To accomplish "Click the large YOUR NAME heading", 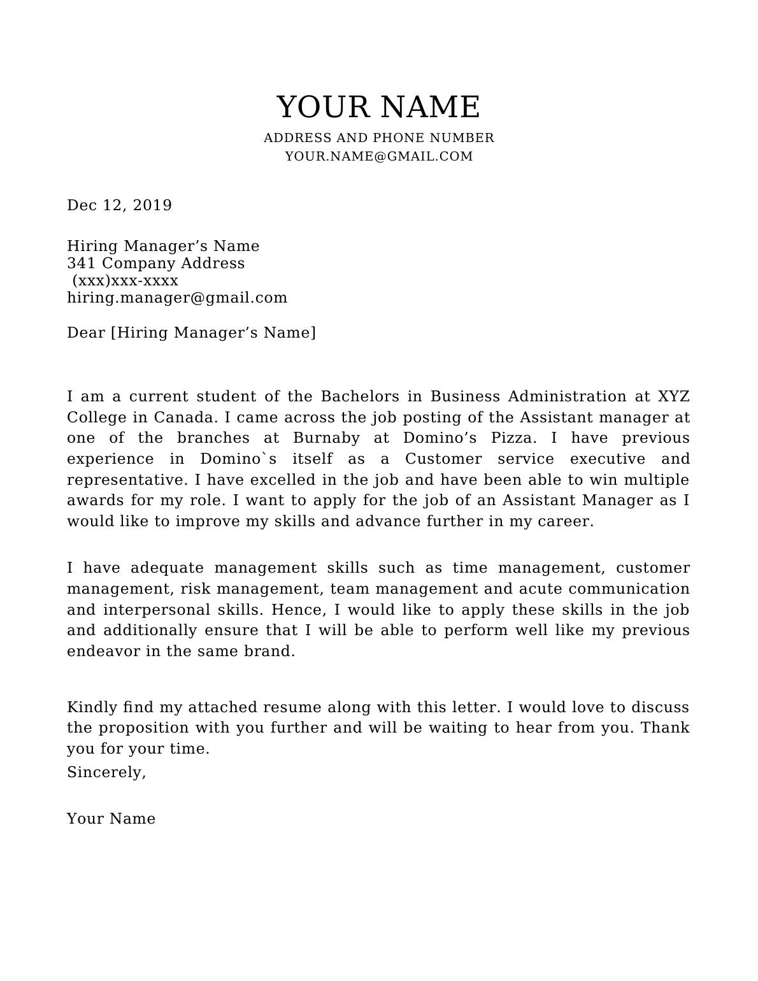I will click(x=378, y=106).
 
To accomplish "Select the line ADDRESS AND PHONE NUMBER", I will click(x=378, y=138).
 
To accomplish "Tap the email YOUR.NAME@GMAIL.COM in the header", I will click(x=378, y=157).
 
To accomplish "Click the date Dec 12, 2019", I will click(x=120, y=205).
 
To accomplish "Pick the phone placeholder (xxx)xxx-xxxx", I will click(x=125, y=281).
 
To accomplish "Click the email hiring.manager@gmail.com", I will click(x=177, y=298).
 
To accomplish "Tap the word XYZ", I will click(x=673, y=397).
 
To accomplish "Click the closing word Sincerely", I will click(x=106, y=773).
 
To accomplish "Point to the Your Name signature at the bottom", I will click(x=111, y=819).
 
